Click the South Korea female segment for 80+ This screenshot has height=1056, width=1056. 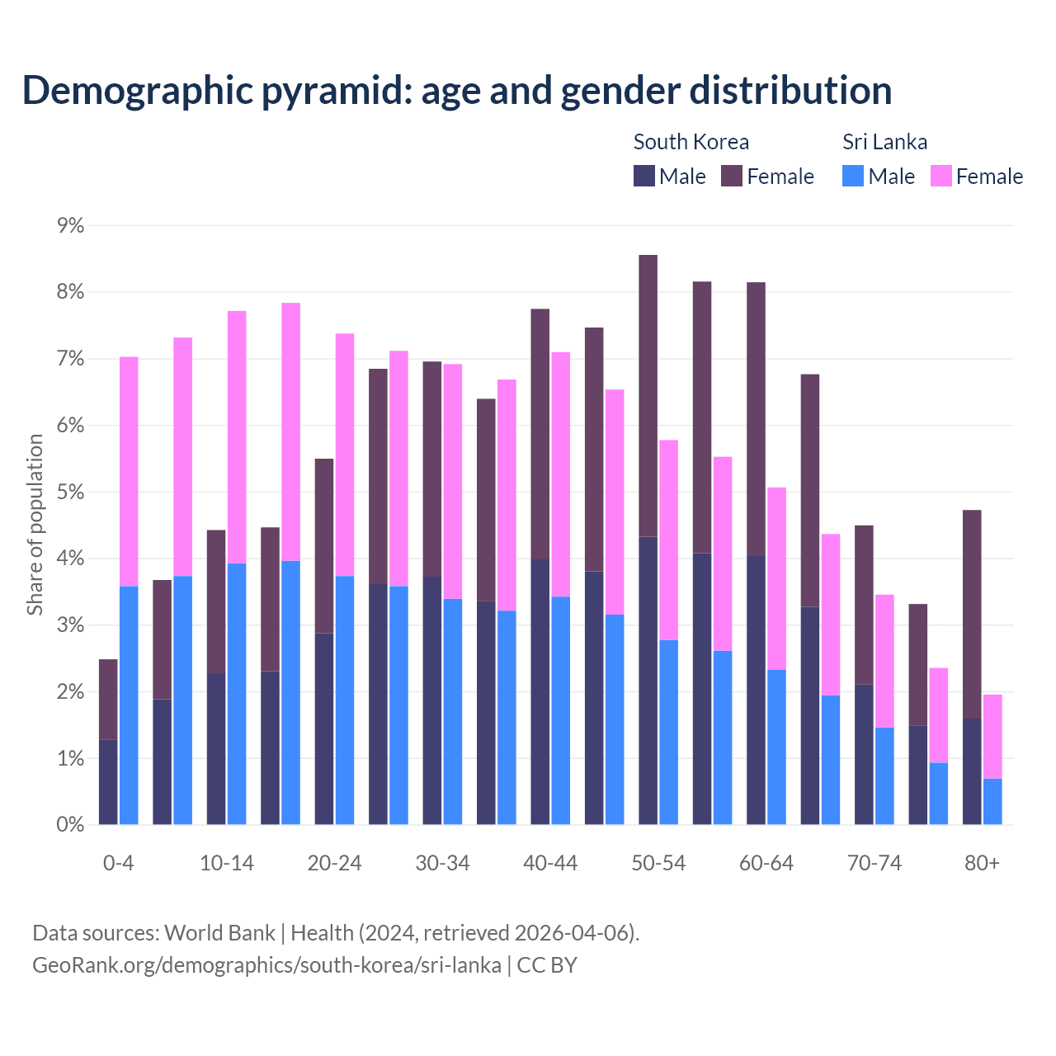click(972, 615)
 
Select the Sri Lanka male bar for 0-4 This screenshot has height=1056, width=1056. click(129, 705)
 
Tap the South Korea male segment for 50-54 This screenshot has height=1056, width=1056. click(648, 681)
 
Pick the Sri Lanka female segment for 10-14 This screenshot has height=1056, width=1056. click(237, 437)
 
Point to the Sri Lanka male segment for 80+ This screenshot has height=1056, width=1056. click(992, 802)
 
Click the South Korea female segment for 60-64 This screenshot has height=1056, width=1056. click(756, 419)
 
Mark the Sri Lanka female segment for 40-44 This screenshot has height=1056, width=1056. click(561, 474)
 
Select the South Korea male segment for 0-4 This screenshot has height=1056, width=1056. click(108, 782)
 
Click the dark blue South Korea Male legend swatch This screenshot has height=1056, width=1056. click(643, 176)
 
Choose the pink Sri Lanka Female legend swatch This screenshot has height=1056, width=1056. click(940, 176)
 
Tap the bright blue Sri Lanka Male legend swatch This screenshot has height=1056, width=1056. click(853, 176)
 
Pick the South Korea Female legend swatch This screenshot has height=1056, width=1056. click(732, 176)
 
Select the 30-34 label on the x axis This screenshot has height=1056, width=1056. click(442, 864)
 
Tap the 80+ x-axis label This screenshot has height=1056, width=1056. click(982, 864)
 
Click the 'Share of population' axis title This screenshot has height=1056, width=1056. click(35, 525)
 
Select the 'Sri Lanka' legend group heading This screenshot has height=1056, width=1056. click(884, 142)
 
